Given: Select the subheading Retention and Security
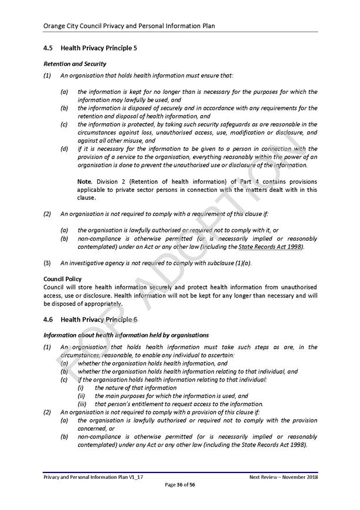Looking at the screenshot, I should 75,63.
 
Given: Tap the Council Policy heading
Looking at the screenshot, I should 63,279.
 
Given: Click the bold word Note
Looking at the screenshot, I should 84,181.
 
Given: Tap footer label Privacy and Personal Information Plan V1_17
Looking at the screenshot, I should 93,478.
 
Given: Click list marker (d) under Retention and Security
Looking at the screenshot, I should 64,149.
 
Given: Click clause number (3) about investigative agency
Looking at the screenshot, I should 47,263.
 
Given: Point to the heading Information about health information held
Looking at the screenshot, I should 126,335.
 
